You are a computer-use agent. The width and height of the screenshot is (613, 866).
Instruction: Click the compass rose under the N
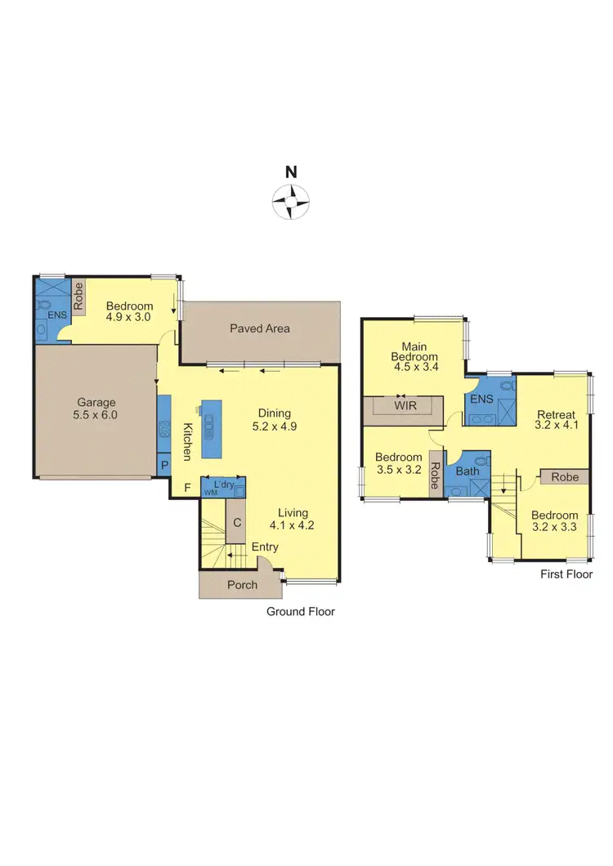pyautogui.click(x=291, y=199)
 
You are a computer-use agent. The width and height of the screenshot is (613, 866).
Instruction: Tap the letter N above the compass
pyautogui.click(x=291, y=172)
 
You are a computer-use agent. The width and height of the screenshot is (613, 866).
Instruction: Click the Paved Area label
pyautogui.click(x=259, y=328)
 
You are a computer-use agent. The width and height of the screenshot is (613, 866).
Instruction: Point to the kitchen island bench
pyautogui.click(x=211, y=422)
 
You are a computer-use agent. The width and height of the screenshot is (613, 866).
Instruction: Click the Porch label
pyautogui.click(x=242, y=584)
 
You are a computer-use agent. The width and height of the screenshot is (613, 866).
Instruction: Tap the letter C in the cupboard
pyautogui.click(x=236, y=523)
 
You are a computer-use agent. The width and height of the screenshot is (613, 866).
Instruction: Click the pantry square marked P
pyautogui.click(x=164, y=465)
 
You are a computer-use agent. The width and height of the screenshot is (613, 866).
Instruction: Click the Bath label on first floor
pyautogui.click(x=468, y=471)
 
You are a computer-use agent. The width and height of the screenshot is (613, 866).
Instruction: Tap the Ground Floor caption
pyautogui.click(x=301, y=611)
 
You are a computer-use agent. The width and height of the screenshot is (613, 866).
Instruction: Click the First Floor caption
pyautogui.click(x=566, y=574)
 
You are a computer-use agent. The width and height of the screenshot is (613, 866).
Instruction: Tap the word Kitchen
pyautogui.click(x=187, y=441)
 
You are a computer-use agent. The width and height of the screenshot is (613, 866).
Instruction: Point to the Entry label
pyautogui.click(x=265, y=547)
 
